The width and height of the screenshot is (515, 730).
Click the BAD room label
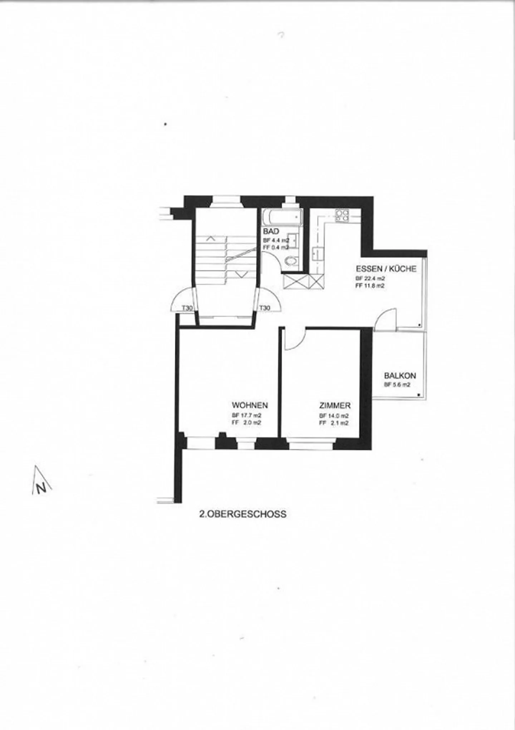[271, 231]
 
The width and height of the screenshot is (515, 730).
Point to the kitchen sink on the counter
[318, 254]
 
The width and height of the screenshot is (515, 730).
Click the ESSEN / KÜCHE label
[386, 269]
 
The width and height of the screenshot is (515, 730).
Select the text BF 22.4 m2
[370, 279]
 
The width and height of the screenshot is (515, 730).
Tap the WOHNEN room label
[250, 405]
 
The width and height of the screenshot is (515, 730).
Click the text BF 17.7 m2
[246, 416]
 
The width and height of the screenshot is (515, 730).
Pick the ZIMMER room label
[335, 406]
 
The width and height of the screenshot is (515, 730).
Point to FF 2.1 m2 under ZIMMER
[334, 423]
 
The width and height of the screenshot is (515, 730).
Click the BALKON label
[400, 376]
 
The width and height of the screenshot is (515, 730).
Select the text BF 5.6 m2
[397, 385]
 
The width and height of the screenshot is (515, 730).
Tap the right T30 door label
[264, 308]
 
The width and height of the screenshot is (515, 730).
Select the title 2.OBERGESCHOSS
[242, 514]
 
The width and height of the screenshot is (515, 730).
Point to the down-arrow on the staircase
[242, 274]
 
